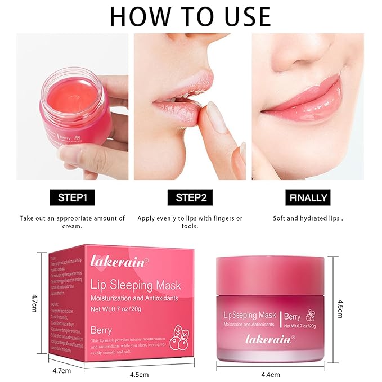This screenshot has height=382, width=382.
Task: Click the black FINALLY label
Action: (x=308, y=197)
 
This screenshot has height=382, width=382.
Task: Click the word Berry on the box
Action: (x=101, y=330)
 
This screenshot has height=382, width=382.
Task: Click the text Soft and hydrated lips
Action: (x=308, y=218)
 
